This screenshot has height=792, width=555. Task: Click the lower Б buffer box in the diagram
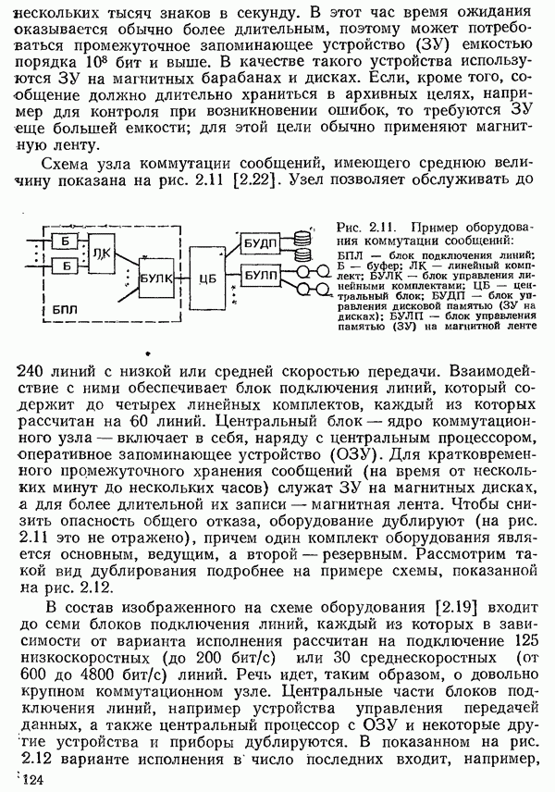(66, 267)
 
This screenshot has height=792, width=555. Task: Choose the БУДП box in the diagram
(261, 243)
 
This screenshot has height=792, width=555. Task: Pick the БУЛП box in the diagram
(261, 276)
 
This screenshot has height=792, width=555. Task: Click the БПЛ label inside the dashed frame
(66, 305)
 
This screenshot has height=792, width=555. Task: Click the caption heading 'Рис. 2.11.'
(364, 229)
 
